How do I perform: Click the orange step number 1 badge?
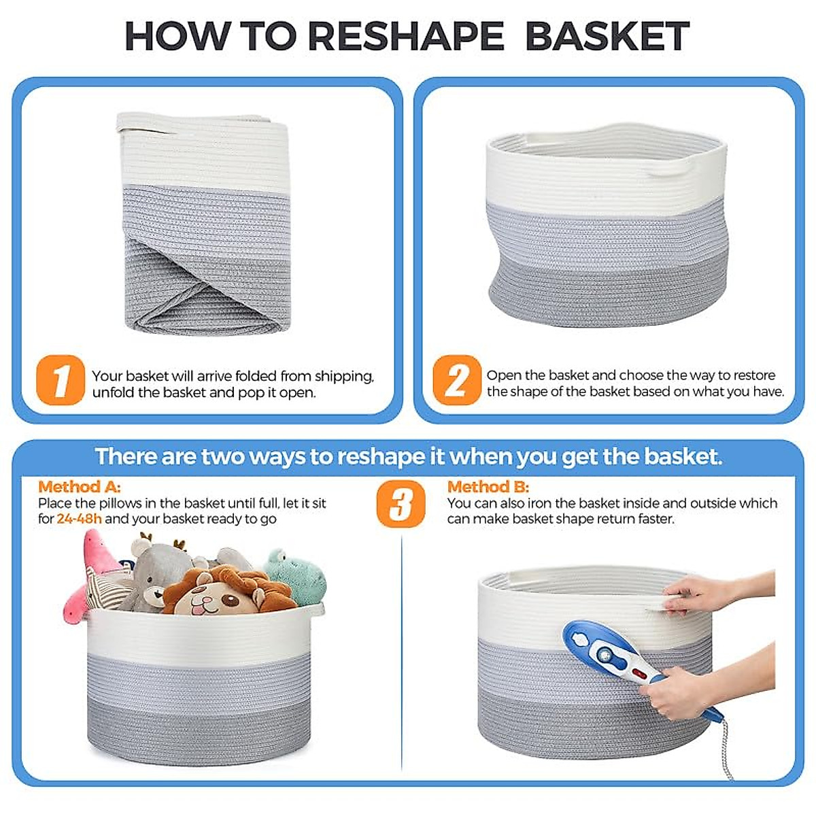point(61,380)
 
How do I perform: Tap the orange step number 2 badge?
point(456,380)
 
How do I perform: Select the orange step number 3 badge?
point(401,505)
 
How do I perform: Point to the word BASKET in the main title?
point(607,37)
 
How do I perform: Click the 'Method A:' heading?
point(80,487)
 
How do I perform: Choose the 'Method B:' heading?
point(488,487)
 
